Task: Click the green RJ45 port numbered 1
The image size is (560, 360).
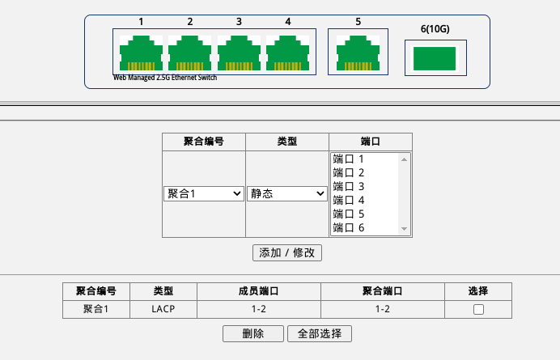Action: (141, 53)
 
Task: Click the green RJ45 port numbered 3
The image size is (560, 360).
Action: (239, 53)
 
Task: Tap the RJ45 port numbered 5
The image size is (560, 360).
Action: (358, 53)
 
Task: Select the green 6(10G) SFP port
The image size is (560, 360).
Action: (435, 58)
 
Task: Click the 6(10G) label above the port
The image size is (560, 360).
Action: (435, 29)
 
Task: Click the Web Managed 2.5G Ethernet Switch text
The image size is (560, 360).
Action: (165, 78)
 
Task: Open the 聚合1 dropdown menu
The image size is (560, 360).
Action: (204, 193)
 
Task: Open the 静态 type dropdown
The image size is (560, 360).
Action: (286, 193)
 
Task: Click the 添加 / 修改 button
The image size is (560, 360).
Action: (287, 252)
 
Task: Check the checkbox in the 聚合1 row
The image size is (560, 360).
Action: (478, 310)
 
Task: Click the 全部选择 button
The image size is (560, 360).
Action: (320, 333)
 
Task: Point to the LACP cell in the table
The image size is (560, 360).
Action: (163, 309)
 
